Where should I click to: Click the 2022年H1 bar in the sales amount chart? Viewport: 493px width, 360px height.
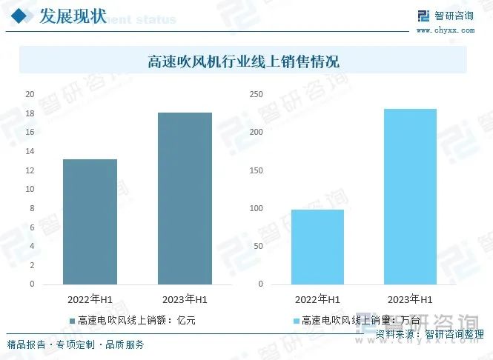(x=90, y=221)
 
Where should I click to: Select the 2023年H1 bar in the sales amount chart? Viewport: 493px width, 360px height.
(x=185, y=198)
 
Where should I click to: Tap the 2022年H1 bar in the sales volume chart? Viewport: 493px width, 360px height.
(x=317, y=247)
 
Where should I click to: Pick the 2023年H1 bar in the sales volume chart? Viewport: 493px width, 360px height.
(x=410, y=196)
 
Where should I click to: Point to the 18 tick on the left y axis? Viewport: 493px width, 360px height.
(x=30, y=113)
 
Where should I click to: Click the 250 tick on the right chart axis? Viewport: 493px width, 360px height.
(x=256, y=94)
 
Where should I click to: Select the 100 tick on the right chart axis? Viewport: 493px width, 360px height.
(x=256, y=208)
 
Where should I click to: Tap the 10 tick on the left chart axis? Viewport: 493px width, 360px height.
(x=30, y=189)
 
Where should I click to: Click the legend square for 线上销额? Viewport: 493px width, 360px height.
(x=72, y=321)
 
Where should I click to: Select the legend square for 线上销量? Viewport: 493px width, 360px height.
(x=296, y=321)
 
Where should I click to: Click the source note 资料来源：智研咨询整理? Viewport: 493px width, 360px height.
(x=429, y=335)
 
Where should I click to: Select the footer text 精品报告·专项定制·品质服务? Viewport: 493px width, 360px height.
(x=76, y=345)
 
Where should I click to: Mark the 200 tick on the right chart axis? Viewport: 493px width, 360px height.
(x=256, y=132)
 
